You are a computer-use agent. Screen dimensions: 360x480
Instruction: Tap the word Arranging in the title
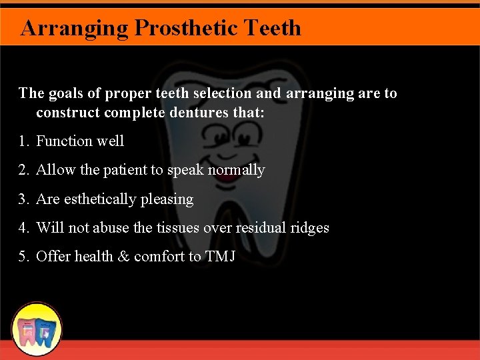point(75,28)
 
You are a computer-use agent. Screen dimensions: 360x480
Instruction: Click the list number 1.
point(23,141)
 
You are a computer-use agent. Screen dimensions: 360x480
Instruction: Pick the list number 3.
point(23,199)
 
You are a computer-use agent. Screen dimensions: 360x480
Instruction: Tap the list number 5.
point(23,257)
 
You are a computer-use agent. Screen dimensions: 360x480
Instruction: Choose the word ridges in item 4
point(310,228)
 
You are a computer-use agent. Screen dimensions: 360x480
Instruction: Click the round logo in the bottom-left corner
point(37,329)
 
